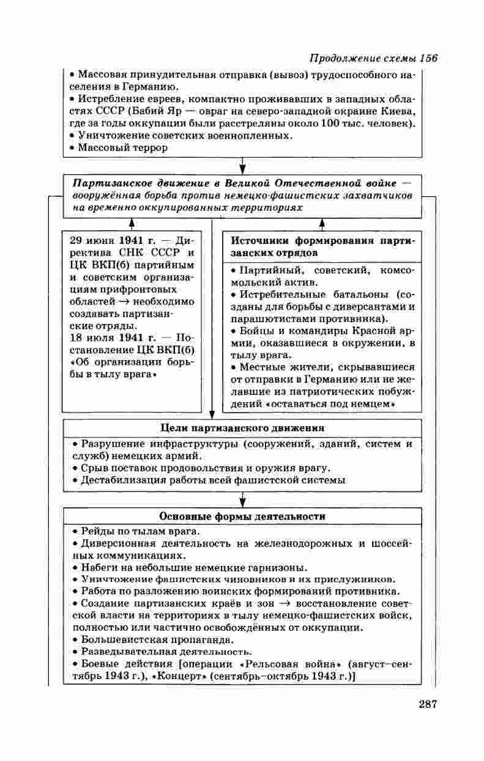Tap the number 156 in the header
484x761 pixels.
tap(429, 59)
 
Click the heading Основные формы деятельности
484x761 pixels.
tap(242, 517)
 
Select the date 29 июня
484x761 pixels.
tap(92, 240)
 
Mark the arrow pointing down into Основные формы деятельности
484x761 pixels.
tap(242, 502)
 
